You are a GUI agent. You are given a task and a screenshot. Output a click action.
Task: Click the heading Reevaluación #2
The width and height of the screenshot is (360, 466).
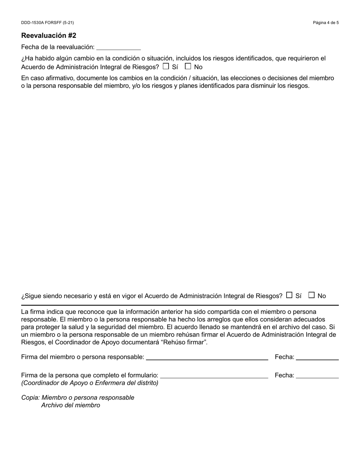click(49, 36)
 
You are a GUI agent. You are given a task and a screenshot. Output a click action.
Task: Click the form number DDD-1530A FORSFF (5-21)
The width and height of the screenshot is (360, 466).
click(47, 23)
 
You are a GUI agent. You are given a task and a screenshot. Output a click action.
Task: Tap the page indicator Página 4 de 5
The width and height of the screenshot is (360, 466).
click(326, 23)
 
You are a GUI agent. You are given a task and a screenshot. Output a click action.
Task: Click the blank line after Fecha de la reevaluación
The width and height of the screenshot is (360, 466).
click(119, 47)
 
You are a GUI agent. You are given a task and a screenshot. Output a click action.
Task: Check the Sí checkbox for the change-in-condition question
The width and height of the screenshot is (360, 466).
click(166, 66)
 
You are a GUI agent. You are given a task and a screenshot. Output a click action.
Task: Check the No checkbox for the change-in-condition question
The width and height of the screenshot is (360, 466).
click(188, 66)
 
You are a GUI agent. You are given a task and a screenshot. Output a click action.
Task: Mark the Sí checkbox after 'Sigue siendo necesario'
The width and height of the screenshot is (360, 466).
click(289, 295)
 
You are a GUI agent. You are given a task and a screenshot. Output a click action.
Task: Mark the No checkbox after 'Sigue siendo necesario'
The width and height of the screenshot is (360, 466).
click(311, 295)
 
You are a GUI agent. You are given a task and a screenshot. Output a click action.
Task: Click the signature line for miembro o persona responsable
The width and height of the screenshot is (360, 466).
click(207, 357)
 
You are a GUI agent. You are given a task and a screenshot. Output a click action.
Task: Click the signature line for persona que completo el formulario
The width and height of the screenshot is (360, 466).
click(214, 376)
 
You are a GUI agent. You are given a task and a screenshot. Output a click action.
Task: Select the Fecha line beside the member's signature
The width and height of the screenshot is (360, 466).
click(317, 357)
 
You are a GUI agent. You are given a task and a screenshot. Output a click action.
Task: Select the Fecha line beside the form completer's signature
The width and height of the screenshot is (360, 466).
click(317, 376)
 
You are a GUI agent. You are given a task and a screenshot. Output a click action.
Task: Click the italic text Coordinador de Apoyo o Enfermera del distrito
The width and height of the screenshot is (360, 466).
click(90, 383)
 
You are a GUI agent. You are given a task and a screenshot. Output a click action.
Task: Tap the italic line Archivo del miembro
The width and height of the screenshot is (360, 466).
click(71, 405)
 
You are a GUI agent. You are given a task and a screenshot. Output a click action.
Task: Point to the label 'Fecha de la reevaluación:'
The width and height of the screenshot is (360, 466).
click(58, 47)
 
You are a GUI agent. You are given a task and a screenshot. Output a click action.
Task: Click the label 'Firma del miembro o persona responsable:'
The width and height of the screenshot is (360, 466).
click(83, 357)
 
